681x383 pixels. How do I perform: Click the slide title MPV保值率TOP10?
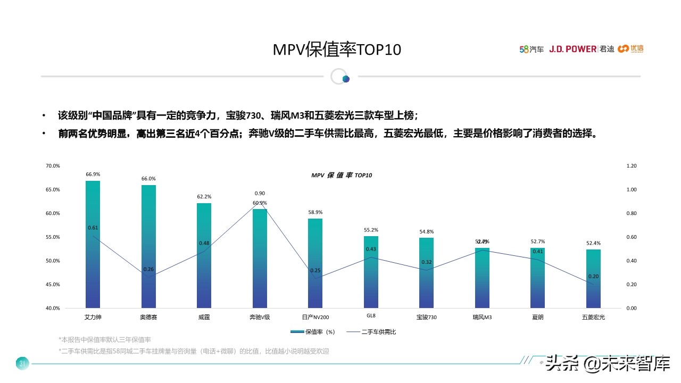337,49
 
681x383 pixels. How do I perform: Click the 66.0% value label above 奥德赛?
148,179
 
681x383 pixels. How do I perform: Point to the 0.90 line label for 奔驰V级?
260,194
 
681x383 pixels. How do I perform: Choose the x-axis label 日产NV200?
315,318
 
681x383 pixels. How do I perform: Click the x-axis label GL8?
371,315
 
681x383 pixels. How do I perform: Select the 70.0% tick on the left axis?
53,166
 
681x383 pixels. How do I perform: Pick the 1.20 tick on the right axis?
632,166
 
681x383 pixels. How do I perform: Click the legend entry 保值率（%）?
313,332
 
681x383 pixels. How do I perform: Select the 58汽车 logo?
531,49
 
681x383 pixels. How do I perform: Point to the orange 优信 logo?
631,49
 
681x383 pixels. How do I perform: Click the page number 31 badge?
22,364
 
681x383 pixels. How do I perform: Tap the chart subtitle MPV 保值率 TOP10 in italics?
341,175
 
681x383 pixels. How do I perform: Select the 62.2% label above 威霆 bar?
204,197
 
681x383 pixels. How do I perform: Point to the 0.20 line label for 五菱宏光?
593,277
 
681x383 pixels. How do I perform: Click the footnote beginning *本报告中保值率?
105,339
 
